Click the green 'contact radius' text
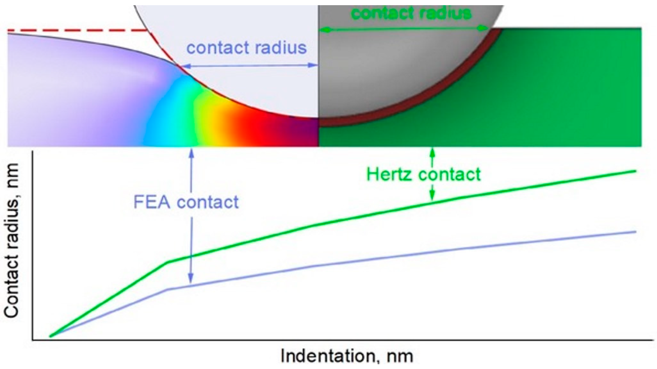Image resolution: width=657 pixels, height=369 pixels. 411,13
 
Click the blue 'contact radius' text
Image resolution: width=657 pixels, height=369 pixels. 246,48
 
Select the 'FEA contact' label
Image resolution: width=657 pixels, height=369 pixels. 186,202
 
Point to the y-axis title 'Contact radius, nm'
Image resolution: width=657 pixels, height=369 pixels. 11,240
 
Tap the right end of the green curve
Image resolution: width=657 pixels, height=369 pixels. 635,170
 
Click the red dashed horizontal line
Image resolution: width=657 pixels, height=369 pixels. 76,30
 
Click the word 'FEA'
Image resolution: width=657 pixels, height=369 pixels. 152,202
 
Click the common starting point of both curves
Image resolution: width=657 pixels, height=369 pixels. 50,336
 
